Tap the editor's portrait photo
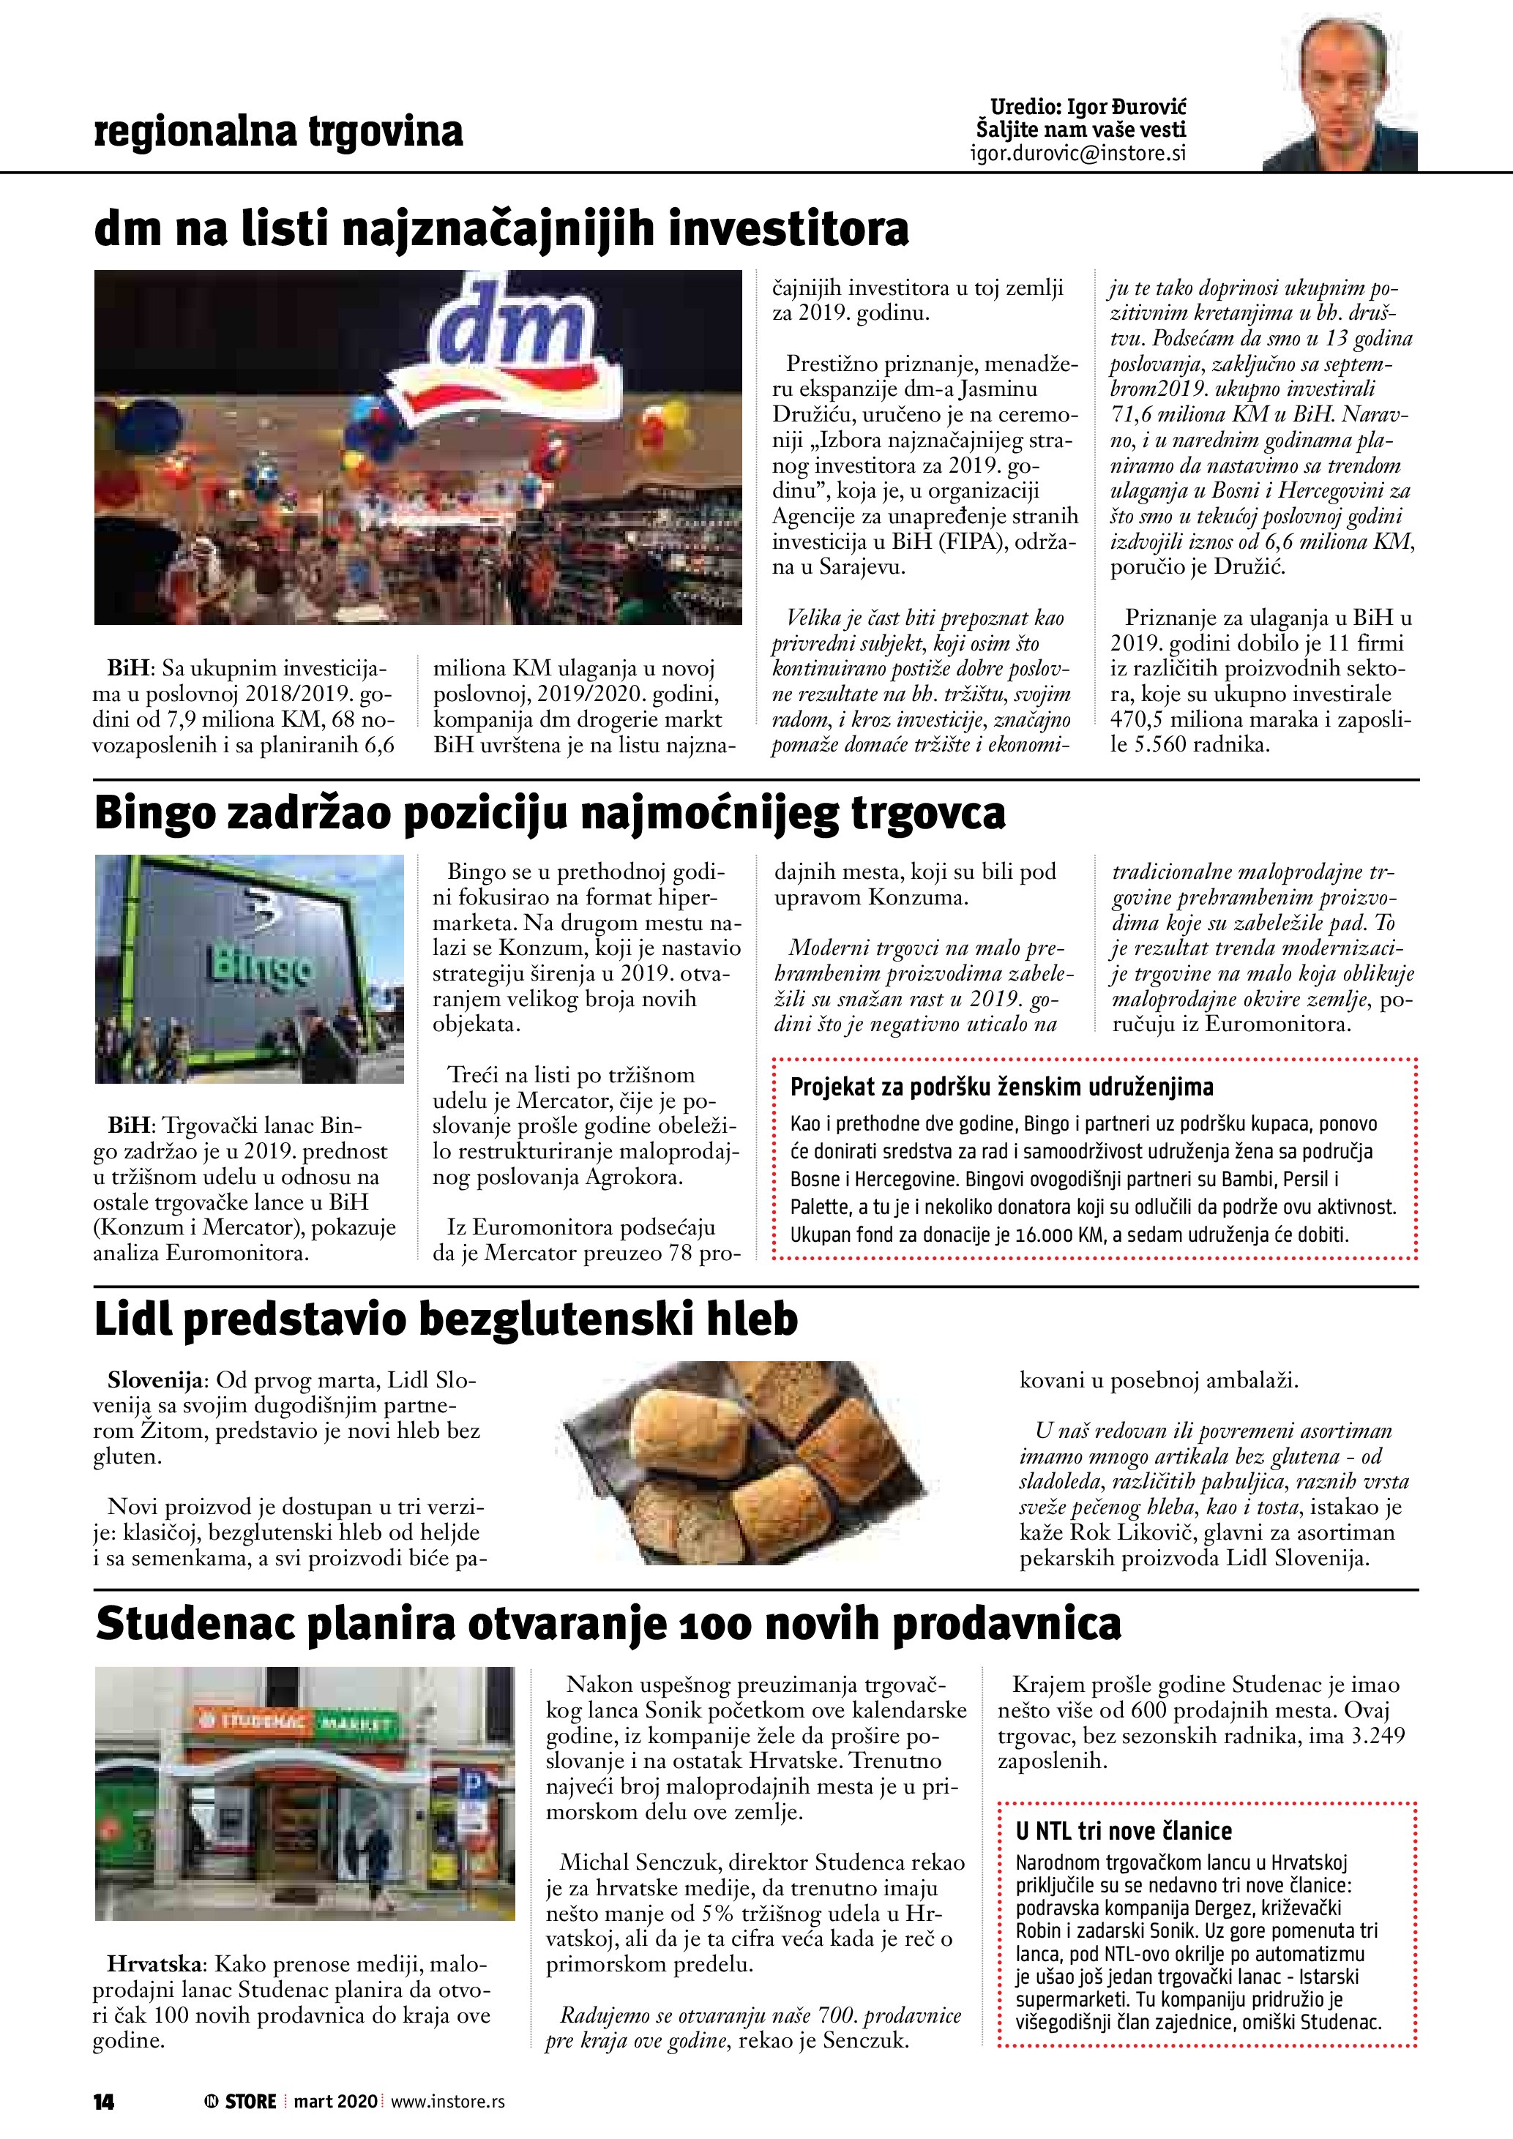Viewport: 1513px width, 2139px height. click(1339, 95)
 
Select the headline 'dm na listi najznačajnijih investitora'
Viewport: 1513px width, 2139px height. click(501, 230)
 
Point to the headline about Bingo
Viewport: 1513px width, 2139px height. click(550, 813)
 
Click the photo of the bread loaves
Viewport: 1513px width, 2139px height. click(742, 1468)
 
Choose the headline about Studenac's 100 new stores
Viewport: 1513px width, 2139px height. click(608, 1624)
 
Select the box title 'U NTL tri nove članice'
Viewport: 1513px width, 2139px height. click(1124, 1831)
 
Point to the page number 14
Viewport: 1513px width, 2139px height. click(103, 2101)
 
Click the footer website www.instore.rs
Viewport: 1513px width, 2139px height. click(448, 2101)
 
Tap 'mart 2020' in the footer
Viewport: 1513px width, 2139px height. click(335, 2101)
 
